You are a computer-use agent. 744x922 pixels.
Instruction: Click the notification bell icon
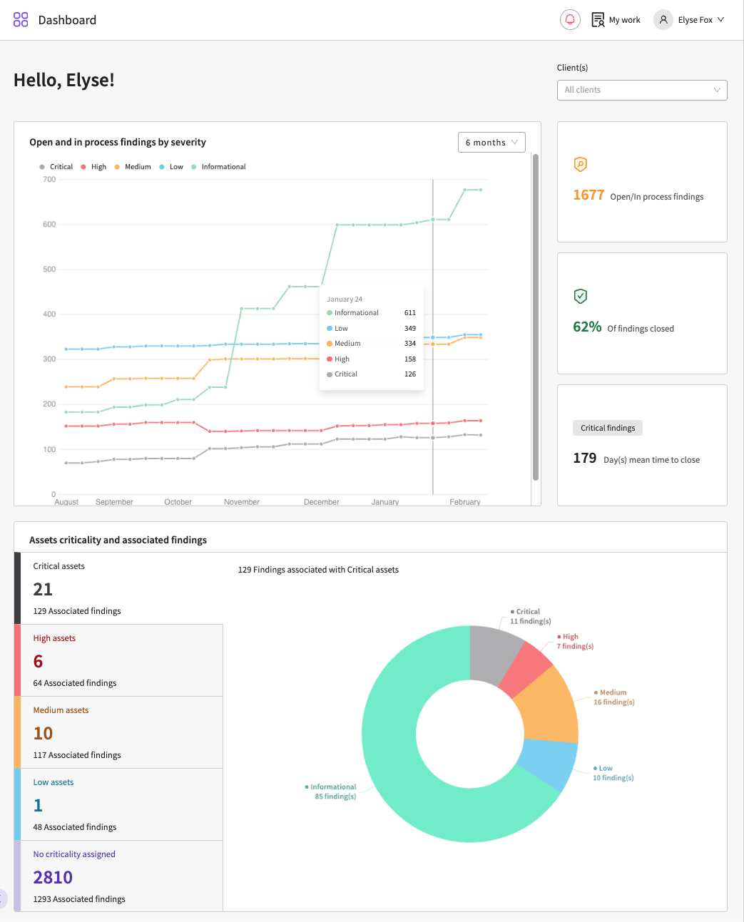(x=570, y=20)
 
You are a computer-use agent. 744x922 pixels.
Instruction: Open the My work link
(x=616, y=20)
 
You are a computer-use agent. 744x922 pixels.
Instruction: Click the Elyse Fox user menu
(x=688, y=20)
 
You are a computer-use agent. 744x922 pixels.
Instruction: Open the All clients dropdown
(x=642, y=90)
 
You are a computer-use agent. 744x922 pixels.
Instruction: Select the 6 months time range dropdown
(x=491, y=142)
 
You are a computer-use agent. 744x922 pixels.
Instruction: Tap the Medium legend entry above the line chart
(x=133, y=167)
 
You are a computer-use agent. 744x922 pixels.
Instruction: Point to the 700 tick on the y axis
(x=49, y=180)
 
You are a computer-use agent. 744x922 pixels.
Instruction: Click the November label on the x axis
(x=242, y=502)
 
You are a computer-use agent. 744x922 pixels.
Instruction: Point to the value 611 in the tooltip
(x=410, y=313)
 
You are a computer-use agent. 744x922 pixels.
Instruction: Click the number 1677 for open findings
(x=588, y=195)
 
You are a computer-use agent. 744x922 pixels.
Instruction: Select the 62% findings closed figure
(x=587, y=327)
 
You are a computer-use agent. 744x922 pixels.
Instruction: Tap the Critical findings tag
(x=608, y=428)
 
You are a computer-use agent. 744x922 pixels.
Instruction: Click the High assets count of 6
(x=38, y=662)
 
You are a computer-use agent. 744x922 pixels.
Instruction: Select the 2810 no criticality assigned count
(x=53, y=878)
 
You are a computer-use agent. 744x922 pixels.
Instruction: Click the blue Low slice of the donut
(x=549, y=764)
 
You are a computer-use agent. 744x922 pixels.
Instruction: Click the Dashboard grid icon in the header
(x=21, y=20)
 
